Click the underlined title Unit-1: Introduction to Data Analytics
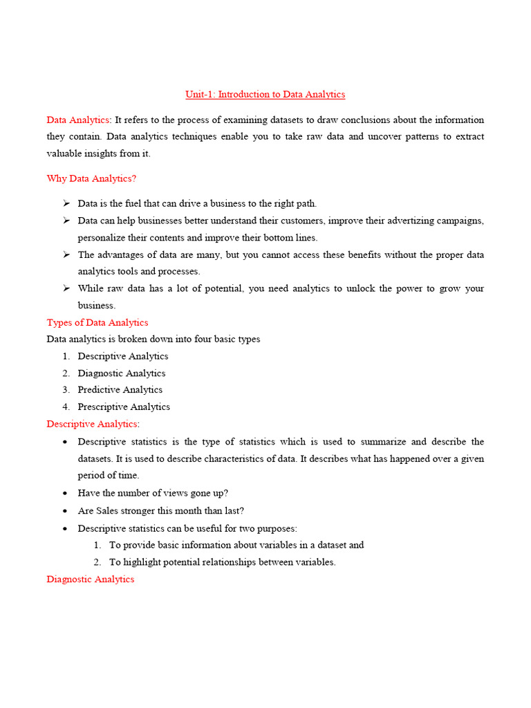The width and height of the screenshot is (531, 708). click(265, 94)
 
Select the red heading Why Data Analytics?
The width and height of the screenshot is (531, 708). click(91, 178)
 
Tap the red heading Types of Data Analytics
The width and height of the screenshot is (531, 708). click(97, 322)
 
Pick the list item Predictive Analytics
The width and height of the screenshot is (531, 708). click(120, 389)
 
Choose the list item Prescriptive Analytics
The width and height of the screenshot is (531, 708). click(123, 407)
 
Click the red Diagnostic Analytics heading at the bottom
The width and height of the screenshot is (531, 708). click(90, 579)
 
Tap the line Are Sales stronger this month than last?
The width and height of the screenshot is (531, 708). click(160, 510)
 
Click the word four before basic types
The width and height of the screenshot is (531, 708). click(211, 339)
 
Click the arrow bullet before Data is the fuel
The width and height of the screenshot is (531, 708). click(66, 203)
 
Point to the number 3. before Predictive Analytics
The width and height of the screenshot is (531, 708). click(66, 389)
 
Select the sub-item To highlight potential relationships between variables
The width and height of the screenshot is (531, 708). click(222, 561)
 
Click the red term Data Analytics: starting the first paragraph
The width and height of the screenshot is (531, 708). click(78, 120)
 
